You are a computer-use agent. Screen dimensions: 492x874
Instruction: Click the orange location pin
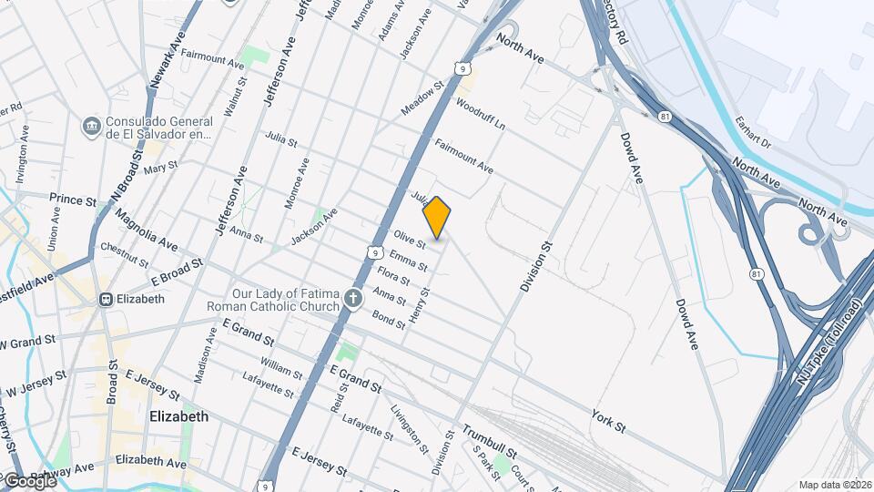tap(437, 217)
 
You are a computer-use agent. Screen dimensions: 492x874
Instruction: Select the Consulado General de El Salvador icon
tap(91, 126)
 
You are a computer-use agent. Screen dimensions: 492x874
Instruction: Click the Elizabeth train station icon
tap(106, 299)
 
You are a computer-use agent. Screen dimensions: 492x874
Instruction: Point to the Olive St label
tap(411, 240)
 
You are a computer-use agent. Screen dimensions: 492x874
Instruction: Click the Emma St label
tap(408, 259)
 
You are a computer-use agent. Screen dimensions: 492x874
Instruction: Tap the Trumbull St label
tap(489, 434)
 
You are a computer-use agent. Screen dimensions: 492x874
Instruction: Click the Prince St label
tap(73, 199)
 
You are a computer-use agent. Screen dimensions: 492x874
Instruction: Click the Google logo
tap(29, 480)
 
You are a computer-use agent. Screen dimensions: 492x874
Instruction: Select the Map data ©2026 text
tap(834, 485)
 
